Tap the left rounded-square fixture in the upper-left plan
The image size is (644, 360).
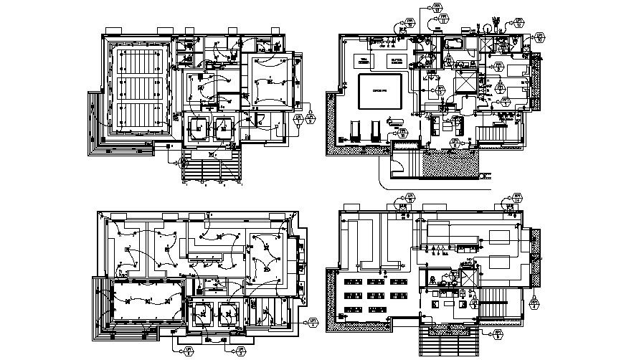pos(196,127)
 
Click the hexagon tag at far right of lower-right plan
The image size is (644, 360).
pos(535,303)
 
